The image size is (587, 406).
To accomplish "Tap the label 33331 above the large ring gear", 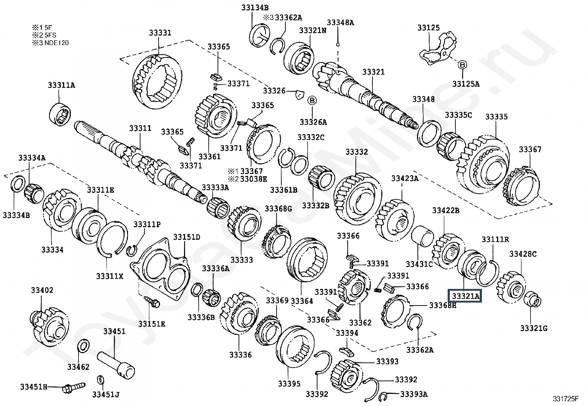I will pos(160,33).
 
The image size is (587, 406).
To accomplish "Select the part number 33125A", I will pos(466,84).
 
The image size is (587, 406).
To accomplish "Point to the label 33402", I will pos(42,290).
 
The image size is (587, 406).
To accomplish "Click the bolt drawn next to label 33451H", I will pos(73,388).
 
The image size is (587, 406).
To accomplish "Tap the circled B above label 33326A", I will pos(312,100).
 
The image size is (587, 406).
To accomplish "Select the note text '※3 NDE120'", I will pos(51,43).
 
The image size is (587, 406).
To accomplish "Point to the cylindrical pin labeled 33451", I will pos(116,364).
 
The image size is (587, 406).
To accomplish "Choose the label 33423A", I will pos(405,179).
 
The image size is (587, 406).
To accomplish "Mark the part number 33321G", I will pos(534,328).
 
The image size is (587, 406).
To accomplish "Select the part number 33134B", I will pos(255,7).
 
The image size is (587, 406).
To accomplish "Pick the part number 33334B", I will pos(16,215).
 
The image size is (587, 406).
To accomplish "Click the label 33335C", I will pos(458,115).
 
